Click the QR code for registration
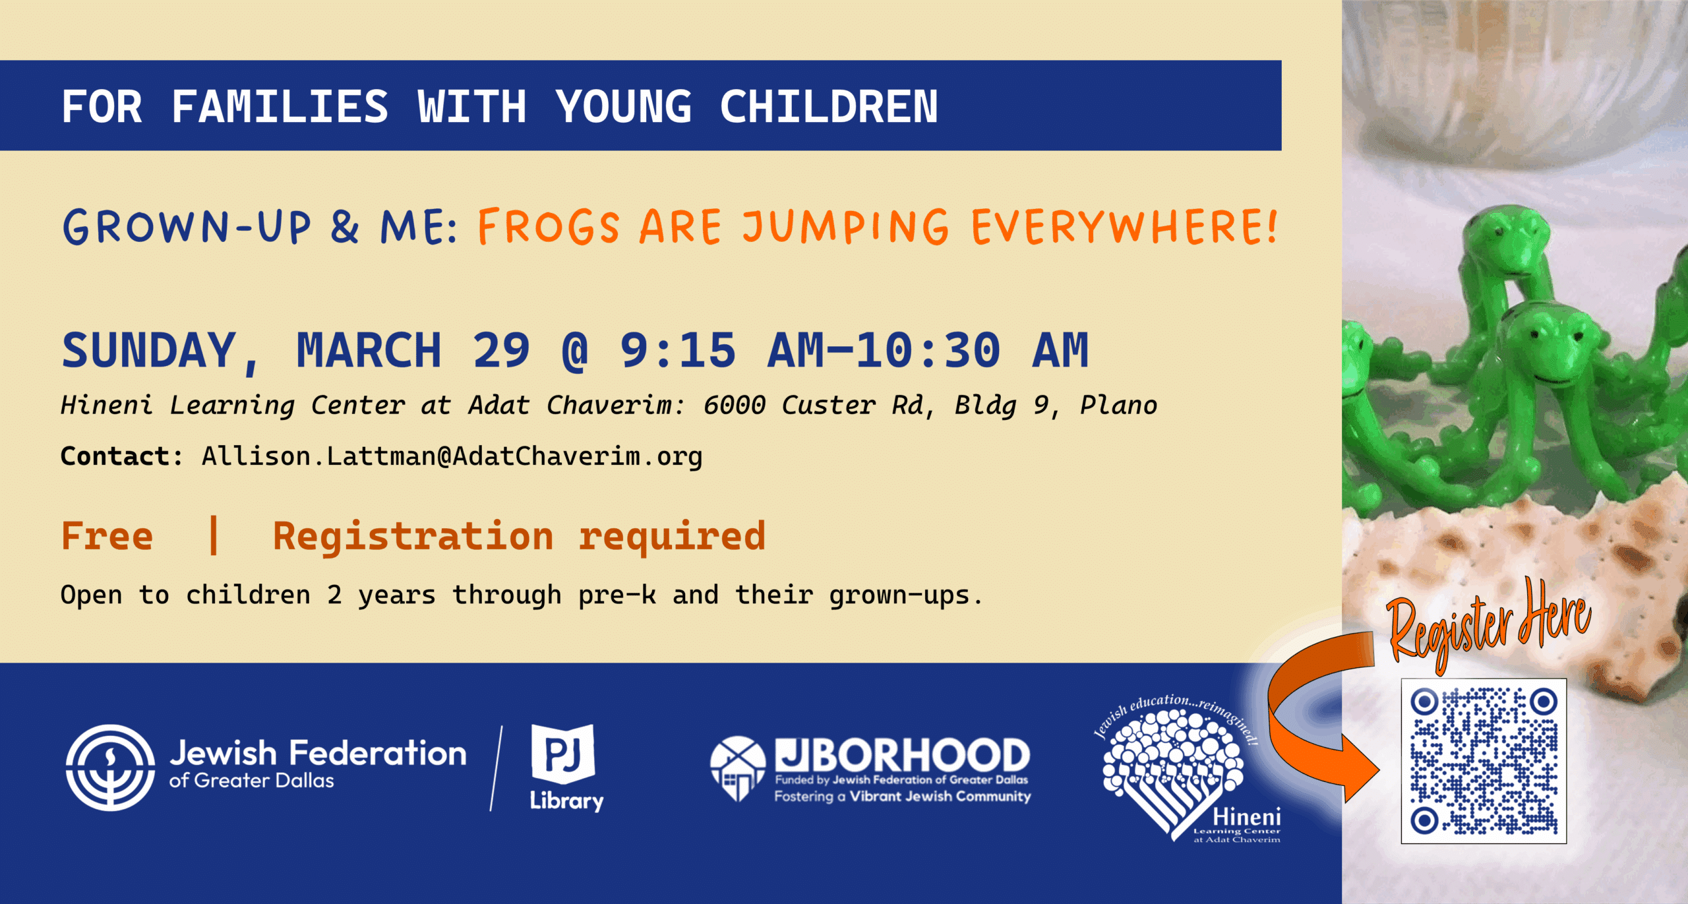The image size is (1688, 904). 1484,761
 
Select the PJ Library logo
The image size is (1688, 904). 566,768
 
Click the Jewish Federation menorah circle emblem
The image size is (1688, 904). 111,768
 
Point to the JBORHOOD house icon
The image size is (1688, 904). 738,768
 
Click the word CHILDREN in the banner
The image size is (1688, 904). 829,107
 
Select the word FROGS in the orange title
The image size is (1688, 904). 549,226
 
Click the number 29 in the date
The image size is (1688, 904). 501,350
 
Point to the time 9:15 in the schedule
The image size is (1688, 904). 678,350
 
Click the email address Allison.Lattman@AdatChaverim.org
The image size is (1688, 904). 452,456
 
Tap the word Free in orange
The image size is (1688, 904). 107,535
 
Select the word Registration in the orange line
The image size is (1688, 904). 413,535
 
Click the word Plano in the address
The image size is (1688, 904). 1118,406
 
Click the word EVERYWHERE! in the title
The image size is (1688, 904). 1125,226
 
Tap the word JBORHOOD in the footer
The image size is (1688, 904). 903,755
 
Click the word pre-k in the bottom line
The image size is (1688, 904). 617,595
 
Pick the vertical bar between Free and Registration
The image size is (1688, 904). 213,535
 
